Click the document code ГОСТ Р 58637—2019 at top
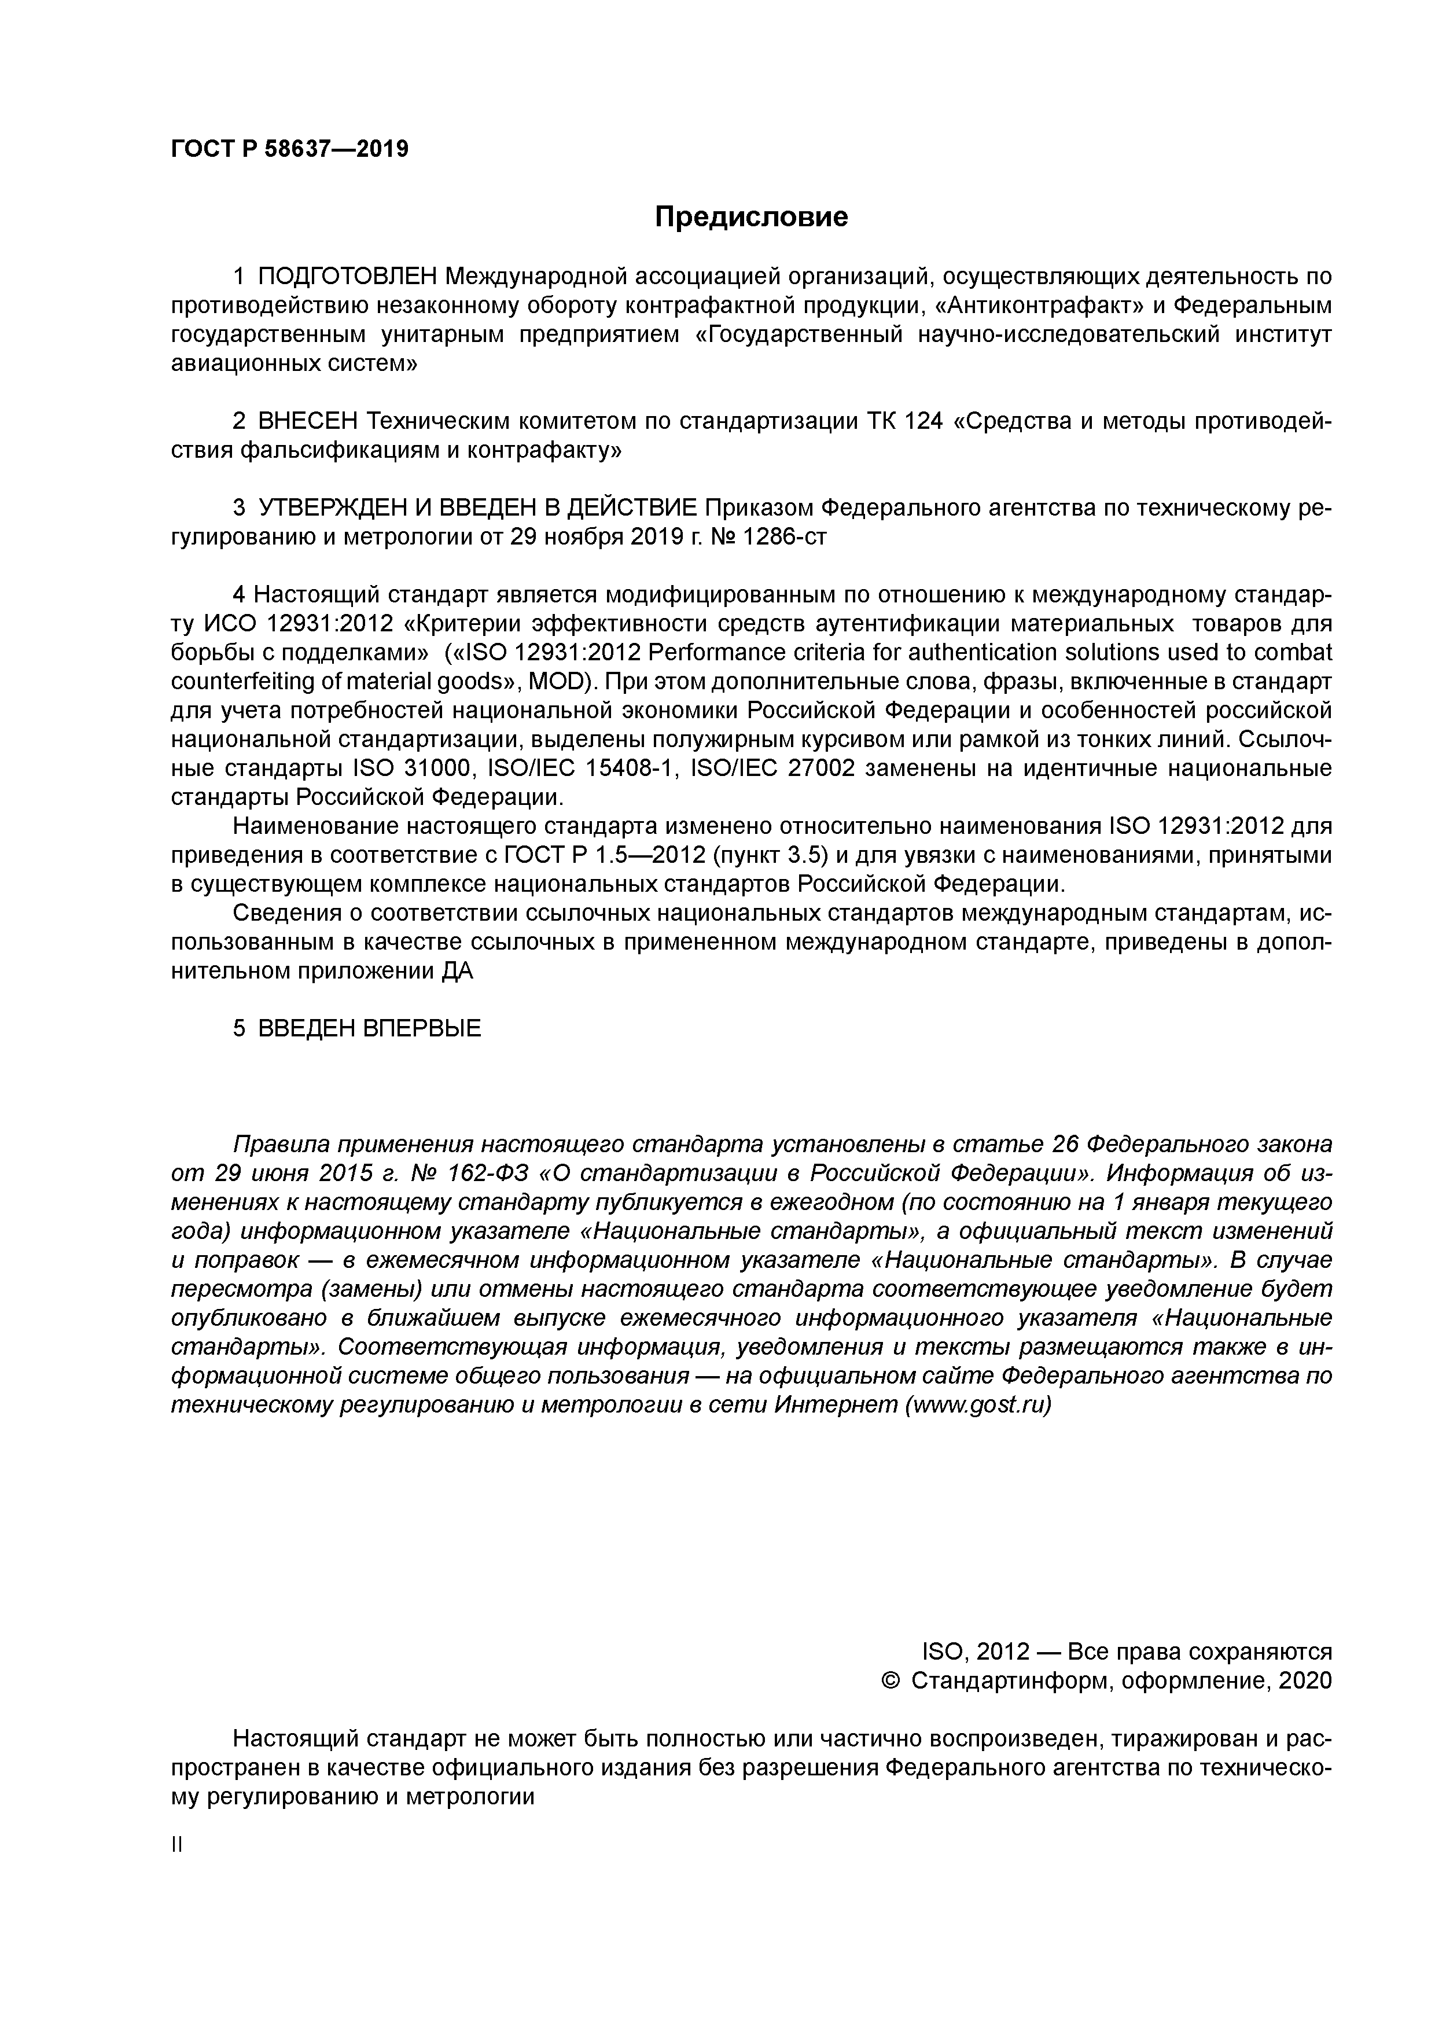[289, 149]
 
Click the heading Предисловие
[750, 216]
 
